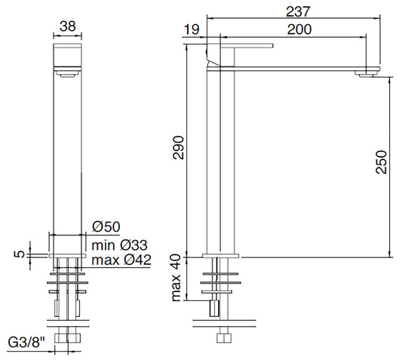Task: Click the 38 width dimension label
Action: pyautogui.click(x=68, y=26)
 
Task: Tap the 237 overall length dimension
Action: pyautogui.click(x=298, y=11)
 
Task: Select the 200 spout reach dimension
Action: pyautogui.click(x=299, y=29)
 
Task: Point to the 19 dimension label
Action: pyautogui.click(x=192, y=29)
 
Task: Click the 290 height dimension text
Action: pyautogui.click(x=179, y=148)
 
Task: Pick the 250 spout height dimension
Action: pyautogui.click(x=381, y=162)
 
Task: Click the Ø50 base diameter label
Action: pyautogui.click(x=106, y=226)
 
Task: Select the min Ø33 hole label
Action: pyautogui.click(x=119, y=245)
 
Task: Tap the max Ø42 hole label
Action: pyautogui.click(x=121, y=260)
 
